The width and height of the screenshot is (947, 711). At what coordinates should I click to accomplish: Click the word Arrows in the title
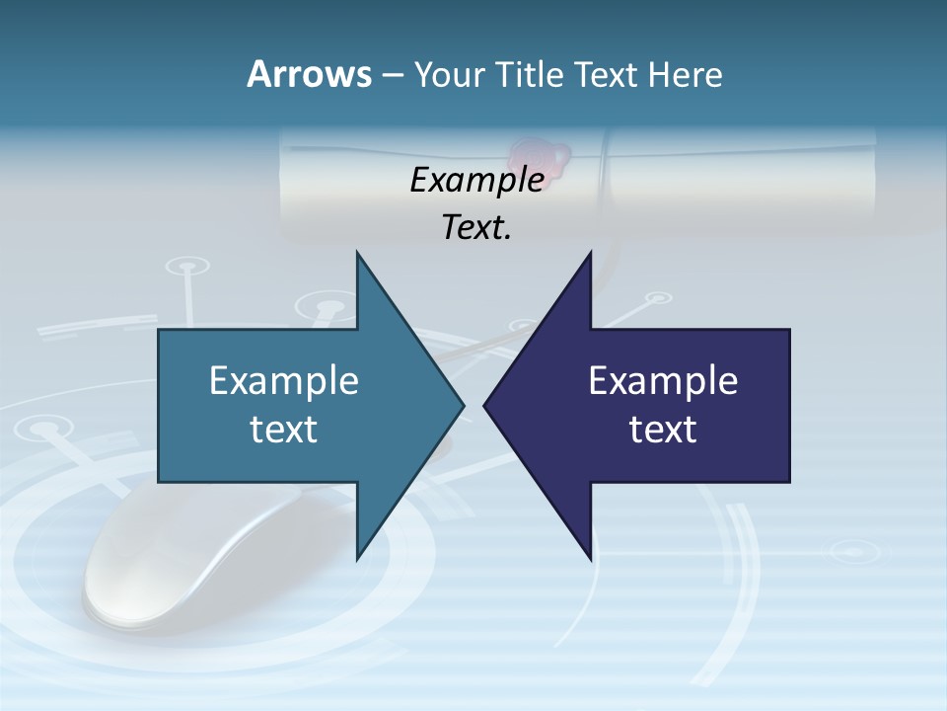[x=308, y=74]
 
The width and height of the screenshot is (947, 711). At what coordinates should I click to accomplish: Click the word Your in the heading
[x=448, y=74]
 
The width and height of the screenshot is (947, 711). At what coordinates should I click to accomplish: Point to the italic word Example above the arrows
[x=476, y=180]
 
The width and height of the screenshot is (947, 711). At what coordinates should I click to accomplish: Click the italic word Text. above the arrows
[x=476, y=228]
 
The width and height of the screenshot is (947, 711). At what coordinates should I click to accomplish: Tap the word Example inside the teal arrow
[x=284, y=380]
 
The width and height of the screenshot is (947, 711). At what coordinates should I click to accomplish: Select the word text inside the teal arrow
[x=284, y=430]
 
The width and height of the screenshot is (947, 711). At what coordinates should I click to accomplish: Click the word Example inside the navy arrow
[x=663, y=380]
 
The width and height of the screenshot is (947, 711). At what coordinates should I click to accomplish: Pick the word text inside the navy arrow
[x=663, y=430]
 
